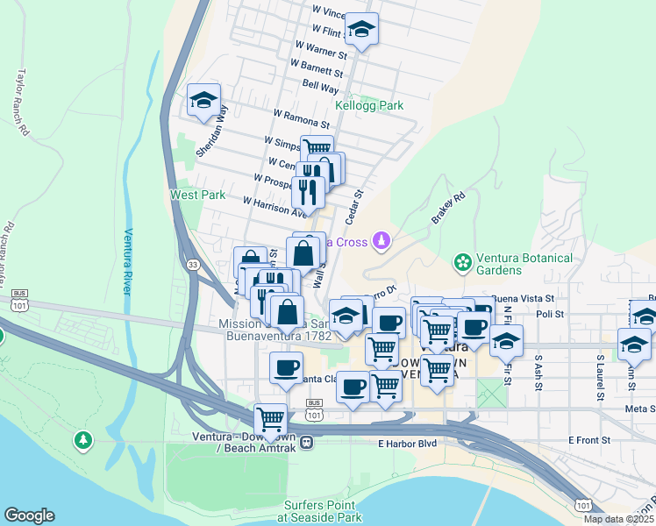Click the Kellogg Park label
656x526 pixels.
[x=368, y=105]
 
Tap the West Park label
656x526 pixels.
[x=197, y=195]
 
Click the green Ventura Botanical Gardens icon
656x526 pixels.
[x=461, y=262]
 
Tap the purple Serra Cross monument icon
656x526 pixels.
[x=381, y=239]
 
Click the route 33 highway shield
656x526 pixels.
[x=192, y=262]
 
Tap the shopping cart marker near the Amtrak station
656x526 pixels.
[x=270, y=419]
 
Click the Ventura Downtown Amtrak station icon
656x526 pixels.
[x=305, y=442]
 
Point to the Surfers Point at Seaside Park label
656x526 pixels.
[x=320, y=512]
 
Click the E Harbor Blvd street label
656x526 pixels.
[x=407, y=444]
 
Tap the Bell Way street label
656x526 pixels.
[x=320, y=88]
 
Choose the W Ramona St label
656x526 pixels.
[x=301, y=119]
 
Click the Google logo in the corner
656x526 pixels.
[x=29, y=515]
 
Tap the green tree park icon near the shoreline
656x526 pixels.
[x=83, y=438]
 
